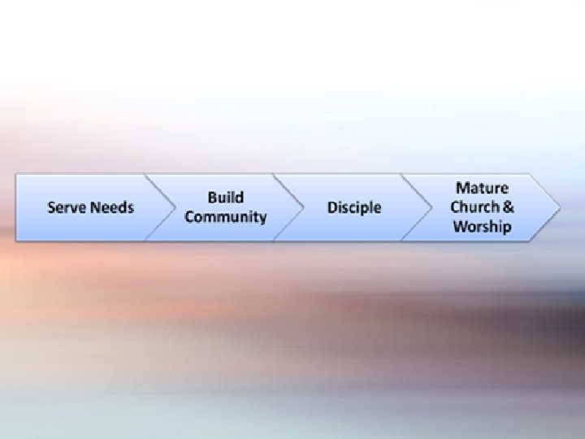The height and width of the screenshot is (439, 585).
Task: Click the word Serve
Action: (66, 207)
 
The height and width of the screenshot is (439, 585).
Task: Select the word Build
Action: (225, 198)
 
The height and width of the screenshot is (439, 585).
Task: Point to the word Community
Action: (225, 217)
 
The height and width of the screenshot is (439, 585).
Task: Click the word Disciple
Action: (353, 207)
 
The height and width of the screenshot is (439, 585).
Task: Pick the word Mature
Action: (482, 188)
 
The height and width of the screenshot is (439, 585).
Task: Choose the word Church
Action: (475, 207)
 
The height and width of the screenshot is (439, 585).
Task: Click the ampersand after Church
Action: (509, 207)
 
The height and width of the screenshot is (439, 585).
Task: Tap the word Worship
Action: (482, 227)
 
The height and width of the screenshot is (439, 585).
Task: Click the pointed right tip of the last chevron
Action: (559, 207)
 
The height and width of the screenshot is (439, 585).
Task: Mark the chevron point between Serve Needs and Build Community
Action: (175, 207)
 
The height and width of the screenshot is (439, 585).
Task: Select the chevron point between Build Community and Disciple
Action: (303, 207)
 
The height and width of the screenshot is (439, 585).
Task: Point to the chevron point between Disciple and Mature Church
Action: (431, 207)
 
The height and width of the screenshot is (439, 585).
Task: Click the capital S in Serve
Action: (52, 207)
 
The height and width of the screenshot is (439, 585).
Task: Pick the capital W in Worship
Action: (460, 227)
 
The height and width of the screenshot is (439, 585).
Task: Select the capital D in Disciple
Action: (332, 207)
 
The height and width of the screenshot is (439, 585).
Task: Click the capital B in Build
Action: (212, 198)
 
